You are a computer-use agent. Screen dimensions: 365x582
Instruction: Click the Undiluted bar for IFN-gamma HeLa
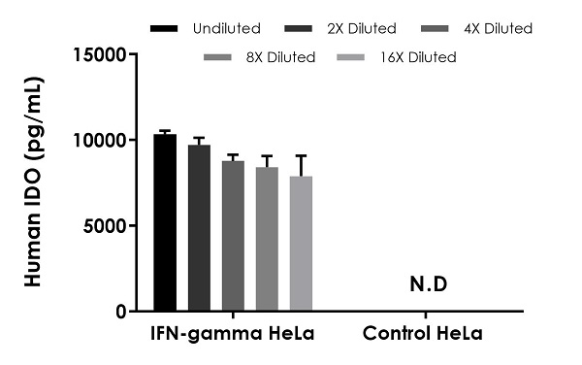coord(165,223)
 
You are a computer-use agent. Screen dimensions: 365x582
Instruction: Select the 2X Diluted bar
coord(199,229)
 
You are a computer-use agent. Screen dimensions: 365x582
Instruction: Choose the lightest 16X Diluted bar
coord(301,244)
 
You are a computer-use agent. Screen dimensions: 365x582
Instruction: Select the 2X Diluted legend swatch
coord(299,29)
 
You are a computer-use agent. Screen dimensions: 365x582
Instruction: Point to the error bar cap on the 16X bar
coord(301,155)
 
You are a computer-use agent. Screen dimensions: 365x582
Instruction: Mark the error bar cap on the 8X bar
coord(267,155)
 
